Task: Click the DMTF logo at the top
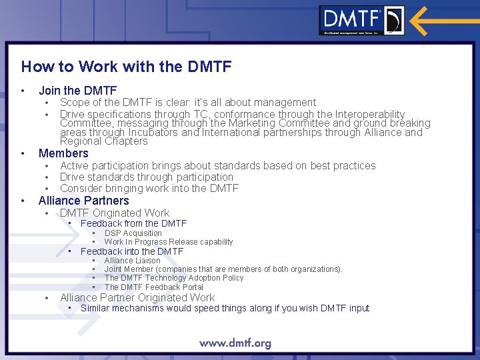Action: coord(361,20)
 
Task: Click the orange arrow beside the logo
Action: coord(444,21)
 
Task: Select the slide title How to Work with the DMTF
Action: coord(126,67)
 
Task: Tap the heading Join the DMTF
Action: coord(77,90)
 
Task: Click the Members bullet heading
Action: coord(63,153)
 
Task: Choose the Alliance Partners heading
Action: coord(83,201)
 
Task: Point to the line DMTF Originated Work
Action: coord(115,213)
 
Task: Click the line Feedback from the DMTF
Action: coord(133,223)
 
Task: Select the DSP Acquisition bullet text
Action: coord(133,233)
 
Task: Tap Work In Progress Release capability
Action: coord(168,242)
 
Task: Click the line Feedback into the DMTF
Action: coord(131,251)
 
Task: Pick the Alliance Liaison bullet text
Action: coord(132,261)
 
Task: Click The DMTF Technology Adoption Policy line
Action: coord(173,278)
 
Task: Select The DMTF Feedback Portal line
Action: coord(153,287)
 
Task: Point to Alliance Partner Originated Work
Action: coord(137,298)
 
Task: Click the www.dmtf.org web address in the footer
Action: coord(235,344)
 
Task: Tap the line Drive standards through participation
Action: coord(146,177)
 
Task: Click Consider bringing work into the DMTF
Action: coord(149,189)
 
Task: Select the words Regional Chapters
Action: coord(103,141)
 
